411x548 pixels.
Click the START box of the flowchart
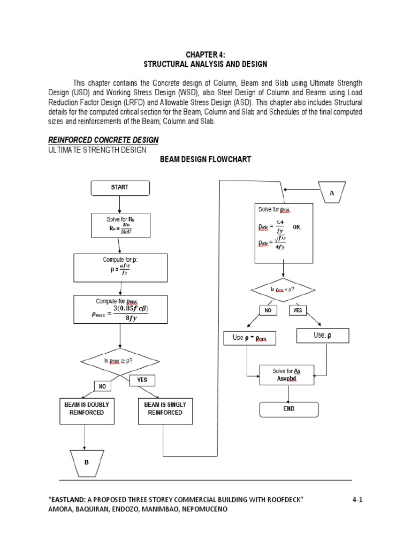tap(120, 188)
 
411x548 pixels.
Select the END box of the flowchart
tap(288, 409)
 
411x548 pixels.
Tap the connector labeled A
tap(331, 192)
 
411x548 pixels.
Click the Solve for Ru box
tap(120, 225)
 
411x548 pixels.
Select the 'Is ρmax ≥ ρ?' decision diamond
tap(120, 361)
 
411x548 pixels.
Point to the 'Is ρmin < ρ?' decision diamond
tap(283, 290)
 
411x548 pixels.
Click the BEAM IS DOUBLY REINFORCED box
tap(86, 410)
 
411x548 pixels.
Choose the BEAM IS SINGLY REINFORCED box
tap(165, 410)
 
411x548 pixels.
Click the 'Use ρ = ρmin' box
tap(250, 338)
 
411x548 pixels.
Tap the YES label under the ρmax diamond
tap(142, 380)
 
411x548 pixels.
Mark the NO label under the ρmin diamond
tap(269, 310)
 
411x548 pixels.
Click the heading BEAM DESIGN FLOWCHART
tap(205, 159)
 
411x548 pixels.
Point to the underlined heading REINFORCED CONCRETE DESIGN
tap(103, 140)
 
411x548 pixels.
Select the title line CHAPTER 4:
tap(205, 54)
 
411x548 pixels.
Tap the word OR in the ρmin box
tap(297, 227)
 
